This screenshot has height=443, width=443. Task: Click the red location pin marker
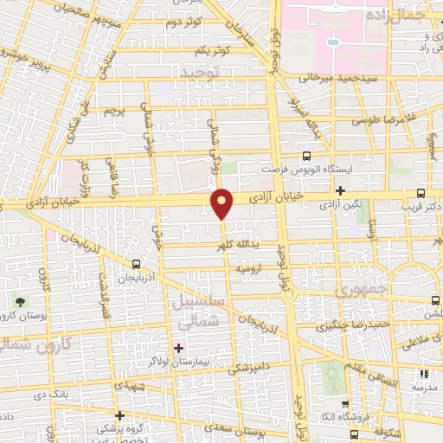click(x=223, y=204)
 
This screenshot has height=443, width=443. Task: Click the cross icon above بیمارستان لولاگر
click(x=179, y=349)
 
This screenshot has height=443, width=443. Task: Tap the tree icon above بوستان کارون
click(x=19, y=301)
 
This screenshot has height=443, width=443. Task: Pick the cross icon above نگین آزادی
click(x=342, y=191)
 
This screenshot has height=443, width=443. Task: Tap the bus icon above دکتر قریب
click(x=421, y=194)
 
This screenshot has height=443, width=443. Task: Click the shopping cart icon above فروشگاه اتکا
click(x=345, y=403)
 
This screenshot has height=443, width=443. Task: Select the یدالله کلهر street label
click(x=237, y=247)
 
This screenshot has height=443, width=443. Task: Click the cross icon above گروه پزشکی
click(x=119, y=416)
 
